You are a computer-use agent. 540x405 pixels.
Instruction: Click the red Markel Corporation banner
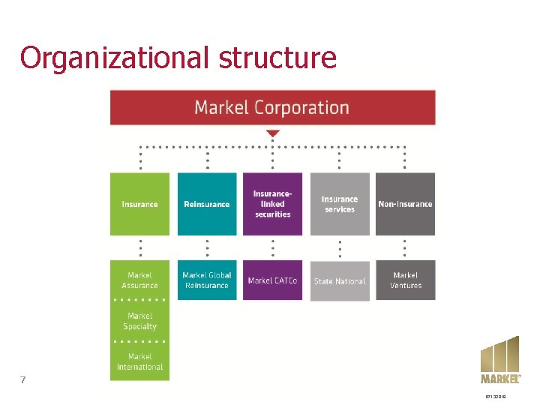pyautogui.click(x=272, y=107)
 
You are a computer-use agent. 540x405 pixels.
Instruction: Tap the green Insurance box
pyautogui.click(x=139, y=204)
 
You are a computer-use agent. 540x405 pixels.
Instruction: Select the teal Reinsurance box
pyautogui.click(x=207, y=204)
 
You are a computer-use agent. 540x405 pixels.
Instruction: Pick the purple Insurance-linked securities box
pyautogui.click(x=272, y=204)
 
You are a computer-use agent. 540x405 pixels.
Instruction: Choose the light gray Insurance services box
pyautogui.click(x=340, y=204)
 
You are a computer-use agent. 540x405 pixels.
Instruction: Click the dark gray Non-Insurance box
pyautogui.click(x=405, y=204)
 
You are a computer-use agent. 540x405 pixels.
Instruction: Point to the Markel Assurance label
pyautogui.click(x=139, y=280)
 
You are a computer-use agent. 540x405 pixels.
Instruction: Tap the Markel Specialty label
pyautogui.click(x=139, y=321)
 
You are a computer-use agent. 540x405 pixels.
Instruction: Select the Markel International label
pyautogui.click(x=139, y=361)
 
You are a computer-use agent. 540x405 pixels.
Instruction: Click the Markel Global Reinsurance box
pyautogui.click(x=207, y=280)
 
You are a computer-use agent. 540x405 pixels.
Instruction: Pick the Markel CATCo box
pyautogui.click(x=272, y=280)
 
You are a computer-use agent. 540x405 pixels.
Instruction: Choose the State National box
pyautogui.click(x=340, y=281)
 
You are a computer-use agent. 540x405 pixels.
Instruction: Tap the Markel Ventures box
pyautogui.click(x=405, y=280)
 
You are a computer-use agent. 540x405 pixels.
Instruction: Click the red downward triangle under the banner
pyautogui.click(x=273, y=133)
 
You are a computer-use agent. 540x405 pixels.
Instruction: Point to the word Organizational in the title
pyautogui.click(x=110, y=57)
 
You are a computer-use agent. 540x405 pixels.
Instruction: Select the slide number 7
pyautogui.click(x=22, y=379)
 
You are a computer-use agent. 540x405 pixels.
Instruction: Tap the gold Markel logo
pyautogui.click(x=499, y=361)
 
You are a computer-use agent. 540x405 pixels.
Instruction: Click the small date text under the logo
pyautogui.click(x=496, y=397)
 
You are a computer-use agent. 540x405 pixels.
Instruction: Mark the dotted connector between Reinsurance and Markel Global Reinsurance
pyautogui.click(x=207, y=247)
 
